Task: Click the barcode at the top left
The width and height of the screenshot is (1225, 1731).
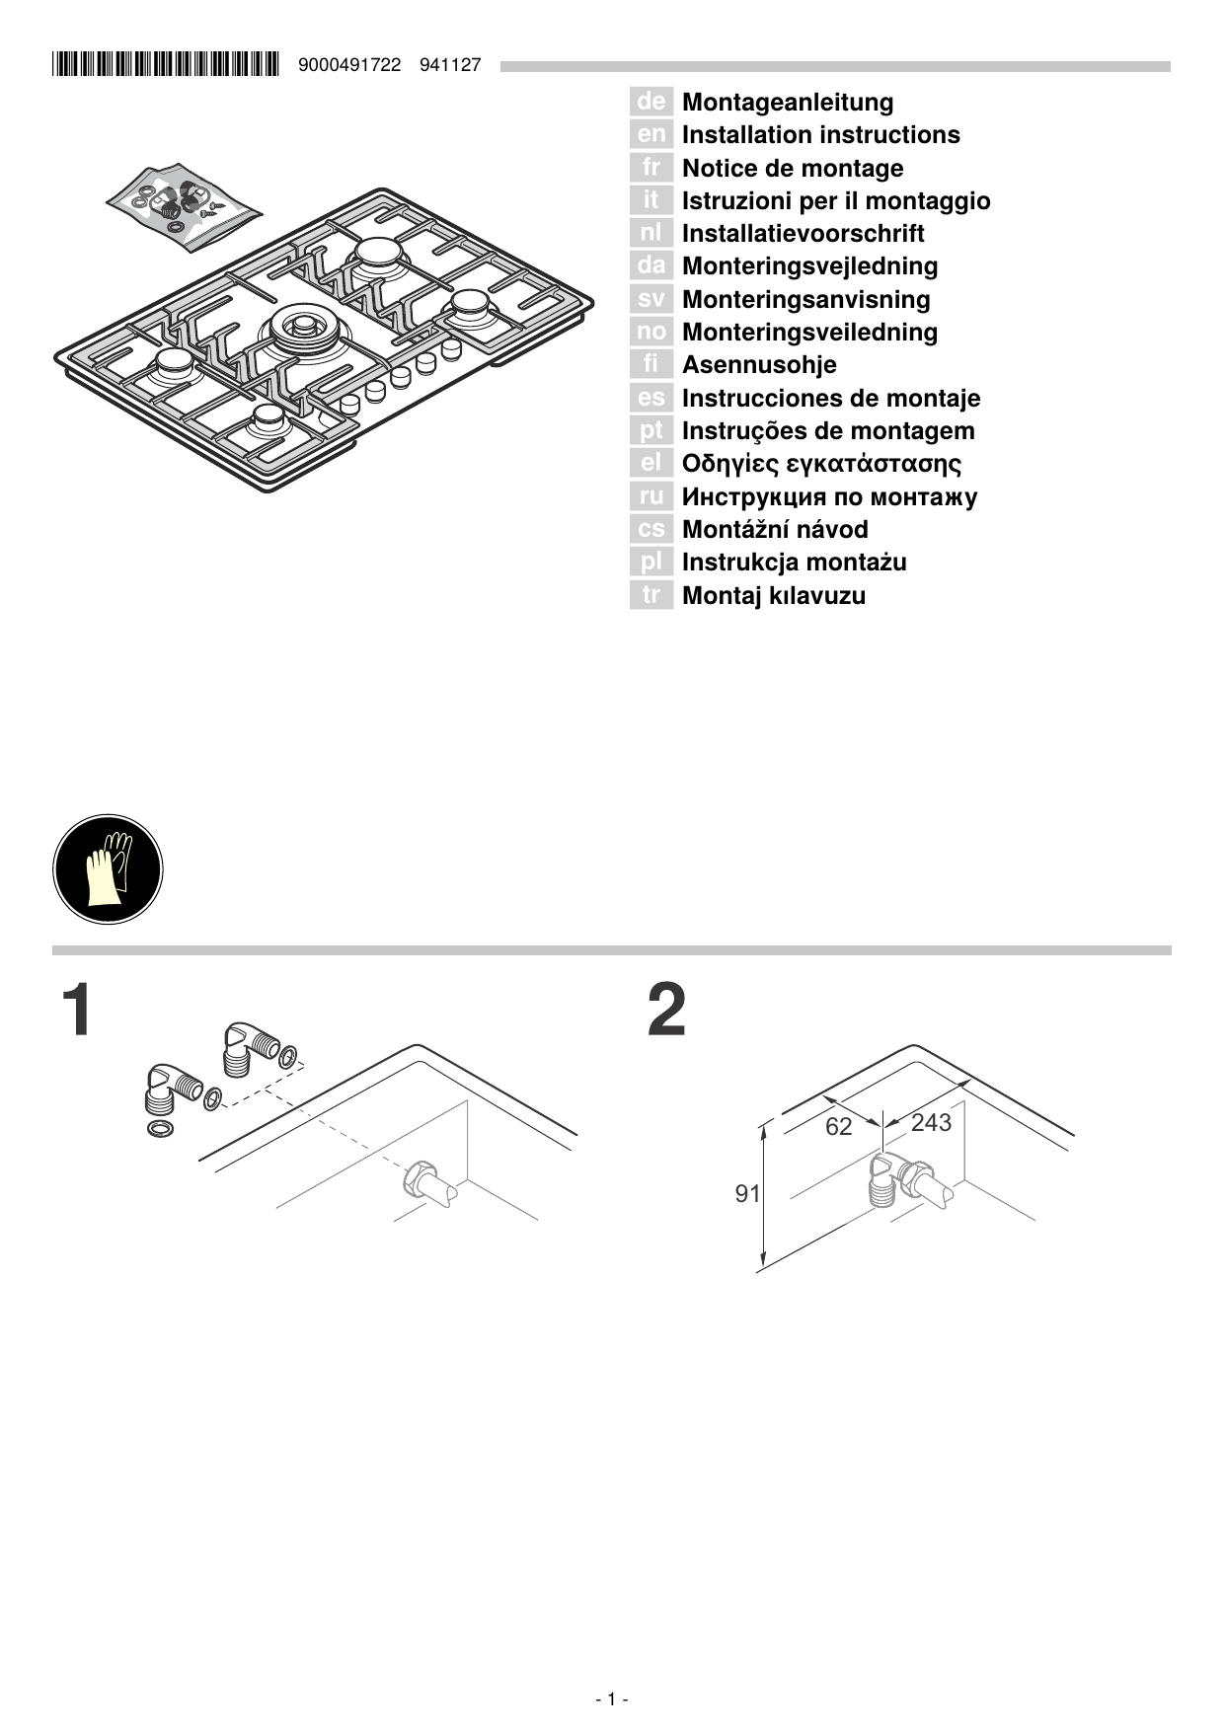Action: pos(166,65)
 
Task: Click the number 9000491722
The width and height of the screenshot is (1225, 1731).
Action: pos(348,65)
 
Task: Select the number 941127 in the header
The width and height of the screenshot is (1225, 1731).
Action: pos(450,65)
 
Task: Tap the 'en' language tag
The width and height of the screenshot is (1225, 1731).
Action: pos(651,134)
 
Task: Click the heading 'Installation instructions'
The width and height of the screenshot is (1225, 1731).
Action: pos(820,135)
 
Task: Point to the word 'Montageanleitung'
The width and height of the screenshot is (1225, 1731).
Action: pos(788,103)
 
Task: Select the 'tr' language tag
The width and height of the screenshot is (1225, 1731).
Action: pos(651,595)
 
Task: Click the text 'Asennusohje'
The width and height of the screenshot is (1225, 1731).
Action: pos(759,365)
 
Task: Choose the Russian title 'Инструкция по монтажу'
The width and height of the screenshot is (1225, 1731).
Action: pos(829,496)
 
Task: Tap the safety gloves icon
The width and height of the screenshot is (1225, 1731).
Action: pos(108,869)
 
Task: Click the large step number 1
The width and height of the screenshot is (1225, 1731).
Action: pos(77,1010)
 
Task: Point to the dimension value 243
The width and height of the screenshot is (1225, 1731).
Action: pos(931,1123)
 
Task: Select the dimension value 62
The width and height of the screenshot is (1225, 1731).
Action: pos(838,1127)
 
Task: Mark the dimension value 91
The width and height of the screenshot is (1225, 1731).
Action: pos(747,1194)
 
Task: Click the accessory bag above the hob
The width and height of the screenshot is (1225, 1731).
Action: pos(185,204)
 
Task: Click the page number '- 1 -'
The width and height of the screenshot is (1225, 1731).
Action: pos(612,1698)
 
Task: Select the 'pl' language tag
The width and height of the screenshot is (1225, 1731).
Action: pos(651,563)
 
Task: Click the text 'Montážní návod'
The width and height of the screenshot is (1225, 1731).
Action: pos(775,530)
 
